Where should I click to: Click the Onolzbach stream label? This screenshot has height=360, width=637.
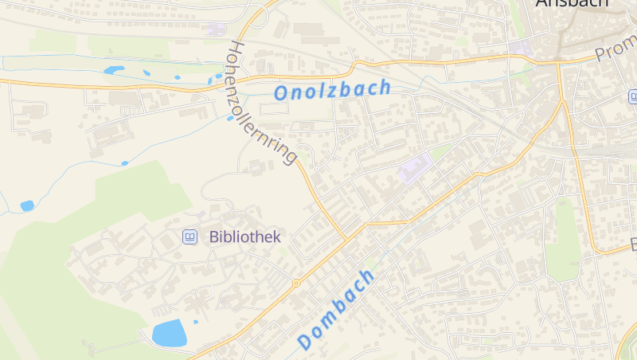[332, 90]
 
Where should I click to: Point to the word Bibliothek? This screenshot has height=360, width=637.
[245, 237]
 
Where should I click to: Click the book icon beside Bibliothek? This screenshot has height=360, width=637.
[190, 237]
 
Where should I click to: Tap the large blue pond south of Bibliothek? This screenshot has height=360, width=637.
[169, 333]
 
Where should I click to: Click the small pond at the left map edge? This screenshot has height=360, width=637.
[27, 205]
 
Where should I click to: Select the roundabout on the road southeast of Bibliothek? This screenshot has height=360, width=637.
[296, 283]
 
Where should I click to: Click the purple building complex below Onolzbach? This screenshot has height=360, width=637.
[415, 168]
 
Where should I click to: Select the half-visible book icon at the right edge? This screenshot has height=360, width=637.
[633, 97]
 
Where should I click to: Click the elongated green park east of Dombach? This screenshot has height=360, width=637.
[562, 239]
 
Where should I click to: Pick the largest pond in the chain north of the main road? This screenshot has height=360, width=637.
[114, 70]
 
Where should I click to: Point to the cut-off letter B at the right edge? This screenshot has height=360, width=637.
[634, 243]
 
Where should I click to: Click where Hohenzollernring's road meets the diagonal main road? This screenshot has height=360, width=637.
[346, 238]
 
